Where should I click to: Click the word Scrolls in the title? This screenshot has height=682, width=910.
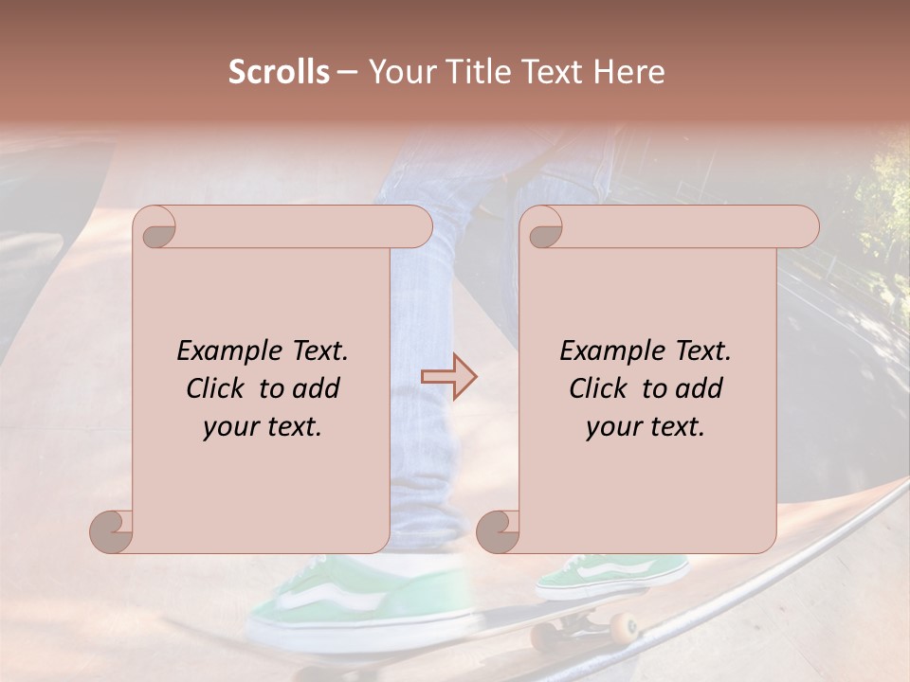click(279, 72)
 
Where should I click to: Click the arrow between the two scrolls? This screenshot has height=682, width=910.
click(448, 377)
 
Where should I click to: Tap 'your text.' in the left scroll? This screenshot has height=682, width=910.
click(263, 427)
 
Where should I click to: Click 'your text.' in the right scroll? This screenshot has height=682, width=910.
click(646, 427)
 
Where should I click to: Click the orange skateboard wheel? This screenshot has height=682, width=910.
click(623, 628)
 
